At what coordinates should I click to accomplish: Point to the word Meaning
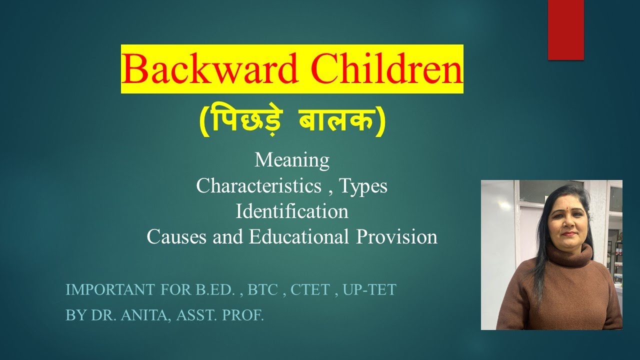(x=292, y=160)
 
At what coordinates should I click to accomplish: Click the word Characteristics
(x=258, y=186)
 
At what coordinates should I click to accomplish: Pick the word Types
(x=363, y=186)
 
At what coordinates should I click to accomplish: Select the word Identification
(x=292, y=211)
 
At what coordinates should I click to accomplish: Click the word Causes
(x=177, y=236)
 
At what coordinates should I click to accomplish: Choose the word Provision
(x=397, y=236)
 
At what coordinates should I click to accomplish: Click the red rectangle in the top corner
(x=565, y=29)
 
